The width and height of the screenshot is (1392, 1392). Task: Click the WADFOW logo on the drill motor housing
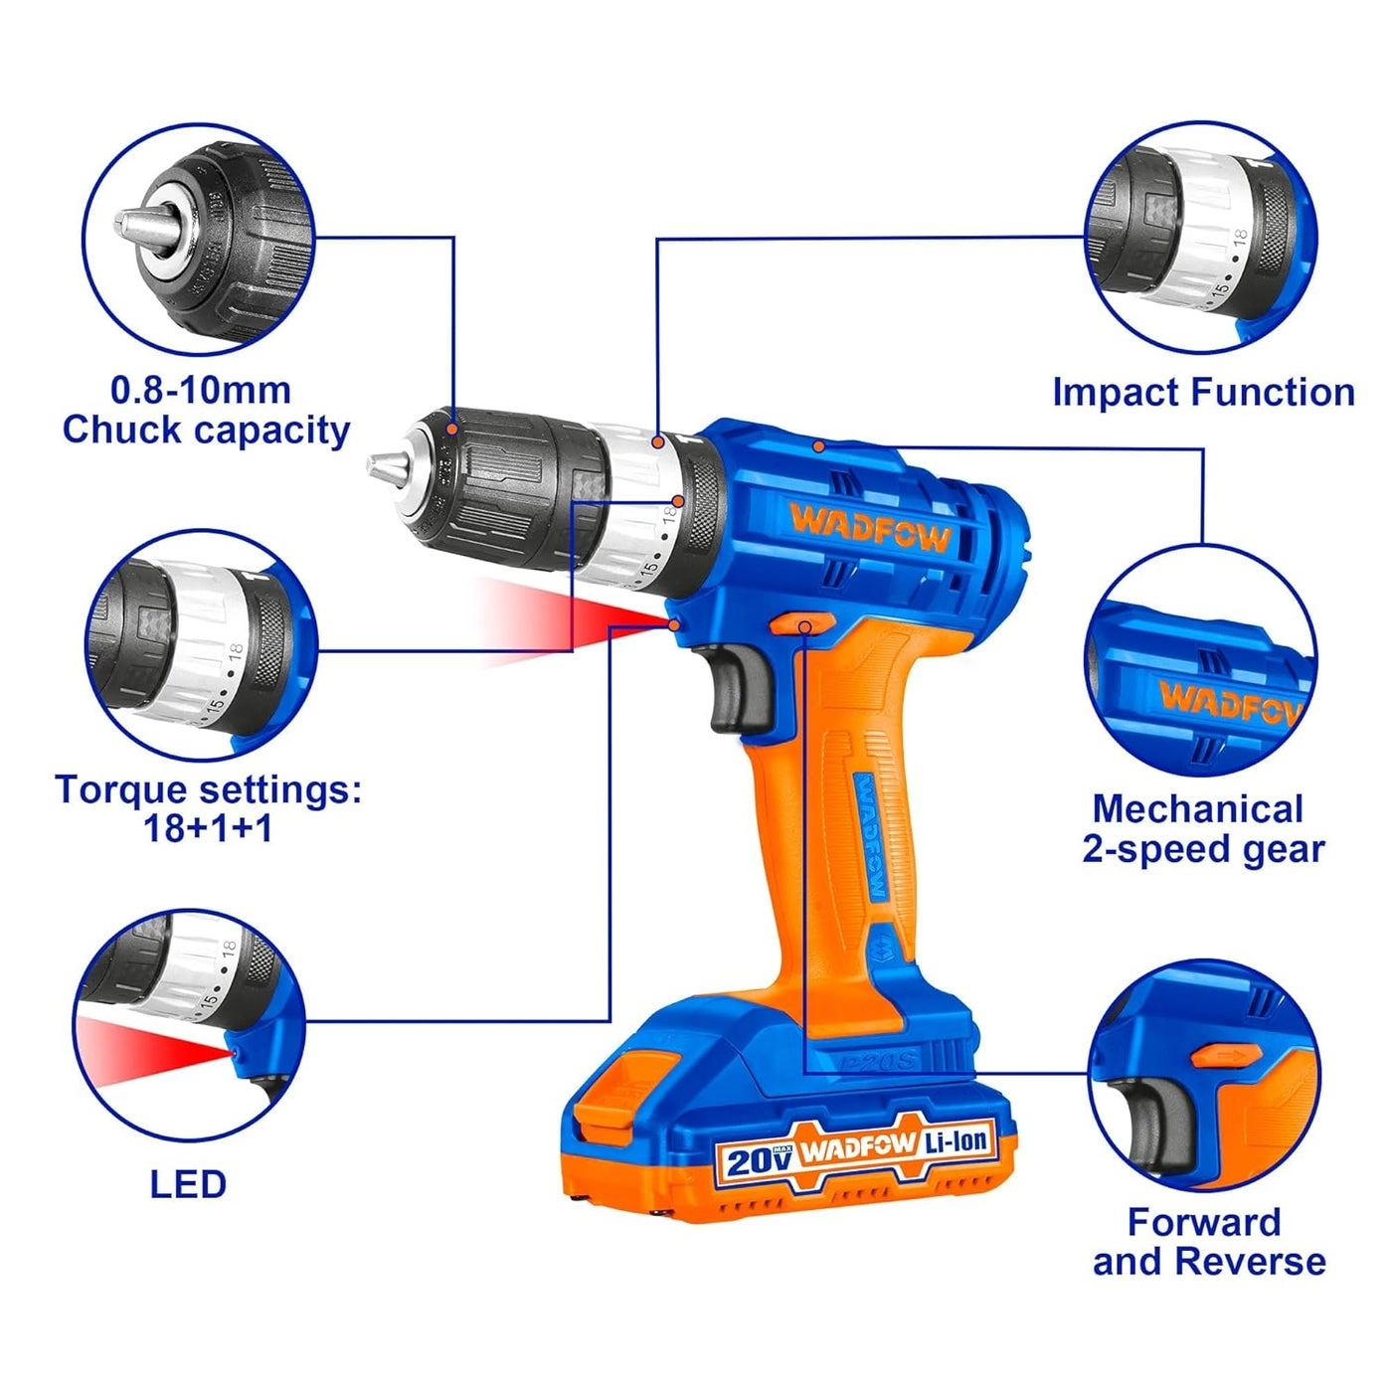point(870,526)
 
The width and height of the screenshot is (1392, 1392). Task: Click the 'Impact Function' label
point(1203,392)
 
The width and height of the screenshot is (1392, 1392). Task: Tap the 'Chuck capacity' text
point(206,431)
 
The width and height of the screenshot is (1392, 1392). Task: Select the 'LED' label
point(188,1184)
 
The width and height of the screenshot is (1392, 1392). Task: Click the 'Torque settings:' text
point(208,789)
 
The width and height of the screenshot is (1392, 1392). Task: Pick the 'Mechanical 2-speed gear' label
point(1203,829)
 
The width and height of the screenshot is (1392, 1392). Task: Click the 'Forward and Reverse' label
point(1208,1242)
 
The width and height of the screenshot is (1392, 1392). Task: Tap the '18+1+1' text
point(208,828)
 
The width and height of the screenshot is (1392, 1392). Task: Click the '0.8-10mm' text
point(200,390)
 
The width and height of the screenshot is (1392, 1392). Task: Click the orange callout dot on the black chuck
point(452,429)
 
